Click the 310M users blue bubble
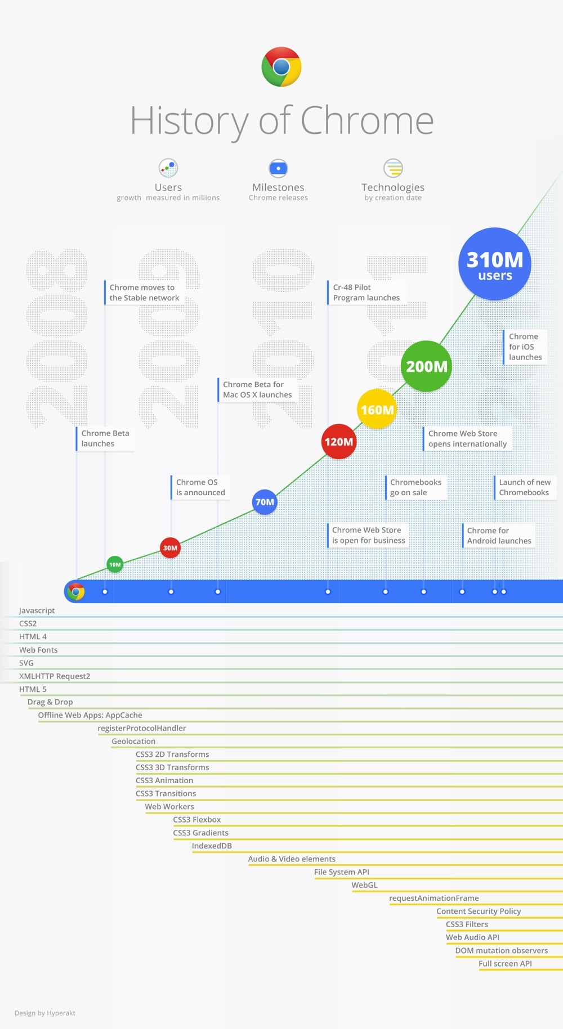[495, 264]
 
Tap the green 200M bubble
[426, 366]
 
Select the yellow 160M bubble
[377, 409]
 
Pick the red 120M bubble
[339, 442]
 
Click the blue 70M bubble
[265, 502]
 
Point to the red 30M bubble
[170, 547]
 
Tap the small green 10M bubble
[115, 564]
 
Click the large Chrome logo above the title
[281, 67]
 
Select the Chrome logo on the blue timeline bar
[75, 591]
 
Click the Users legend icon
[168, 168]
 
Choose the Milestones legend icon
[278, 168]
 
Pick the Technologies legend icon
[393, 168]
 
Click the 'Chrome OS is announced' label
[200, 487]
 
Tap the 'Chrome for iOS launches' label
[525, 347]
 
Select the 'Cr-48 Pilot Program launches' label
[366, 293]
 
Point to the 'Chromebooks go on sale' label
[415, 487]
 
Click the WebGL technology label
[364, 885]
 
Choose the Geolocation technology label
[133, 742]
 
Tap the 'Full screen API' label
[505, 964]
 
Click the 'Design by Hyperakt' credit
[45, 1013]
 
